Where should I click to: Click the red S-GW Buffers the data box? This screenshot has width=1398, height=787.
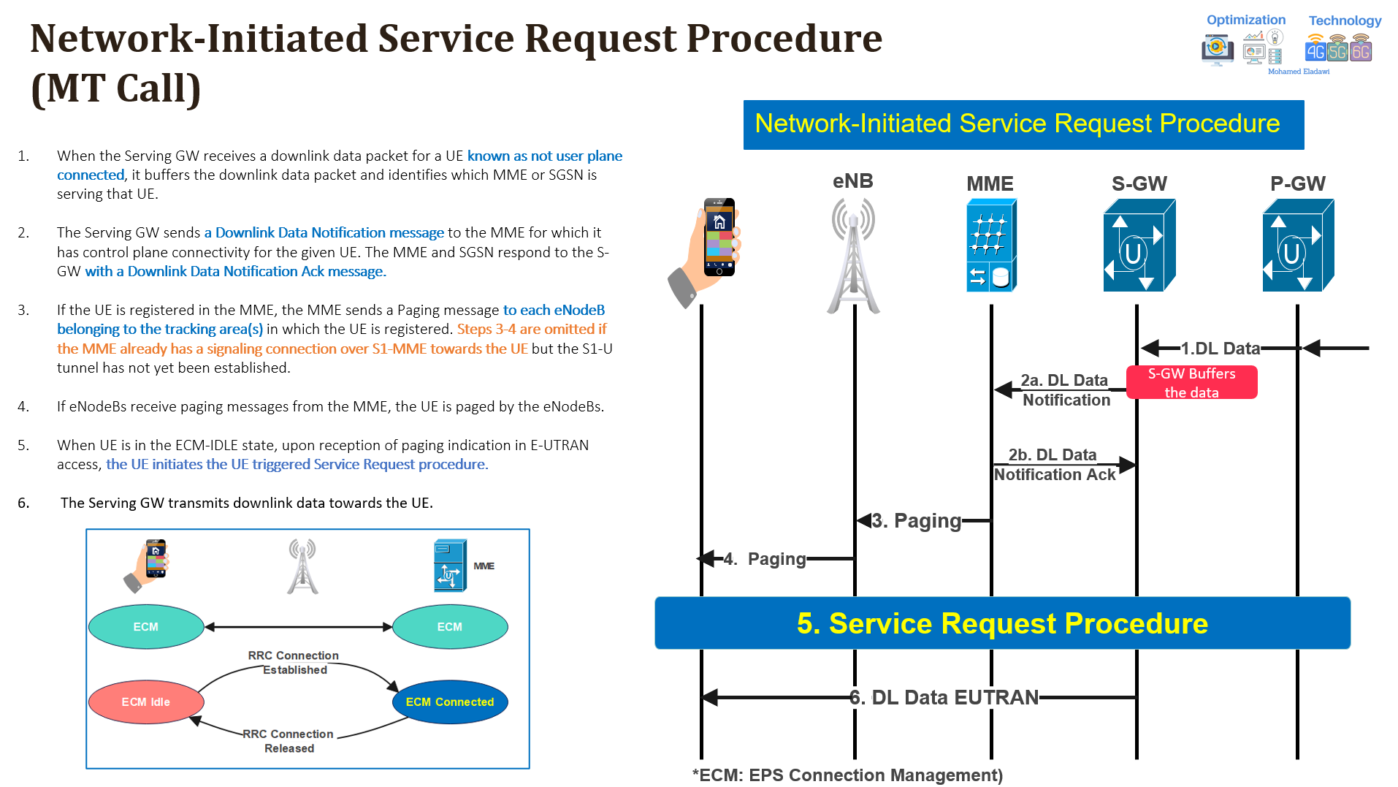[1191, 382]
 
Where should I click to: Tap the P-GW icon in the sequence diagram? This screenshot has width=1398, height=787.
[1297, 246]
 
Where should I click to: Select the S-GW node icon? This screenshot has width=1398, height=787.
[1138, 246]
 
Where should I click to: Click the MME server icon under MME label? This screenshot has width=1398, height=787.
[990, 246]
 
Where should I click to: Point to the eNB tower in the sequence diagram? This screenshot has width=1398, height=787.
[853, 256]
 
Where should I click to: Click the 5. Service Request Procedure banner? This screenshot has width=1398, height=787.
[1002, 623]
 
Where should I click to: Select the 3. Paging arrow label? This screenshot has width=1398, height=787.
[917, 521]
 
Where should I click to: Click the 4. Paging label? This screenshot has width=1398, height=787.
[765, 559]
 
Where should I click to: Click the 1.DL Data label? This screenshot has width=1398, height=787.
[1221, 349]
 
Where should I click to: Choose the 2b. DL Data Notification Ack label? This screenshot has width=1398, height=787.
[1054, 465]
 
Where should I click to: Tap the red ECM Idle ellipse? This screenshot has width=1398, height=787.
[146, 702]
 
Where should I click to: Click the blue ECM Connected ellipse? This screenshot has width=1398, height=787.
[450, 702]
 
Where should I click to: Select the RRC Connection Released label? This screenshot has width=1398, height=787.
[289, 741]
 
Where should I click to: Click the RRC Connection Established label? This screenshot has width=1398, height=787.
[294, 663]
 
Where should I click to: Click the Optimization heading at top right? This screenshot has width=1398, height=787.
[1245, 20]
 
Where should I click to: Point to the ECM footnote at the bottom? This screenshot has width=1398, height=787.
[847, 775]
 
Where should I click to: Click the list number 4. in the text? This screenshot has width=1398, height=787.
[23, 407]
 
